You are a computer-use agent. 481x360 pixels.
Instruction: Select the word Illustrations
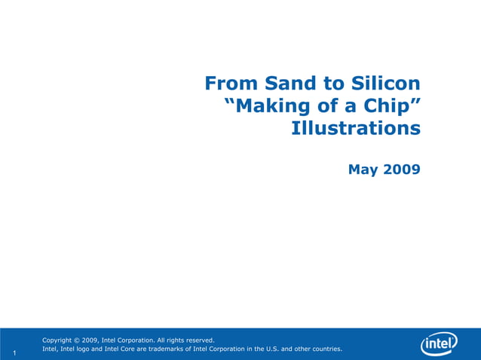(x=356, y=128)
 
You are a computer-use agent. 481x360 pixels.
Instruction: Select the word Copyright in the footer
(x=60, y=340)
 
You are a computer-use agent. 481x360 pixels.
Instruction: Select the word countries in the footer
(x=323, y=349)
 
